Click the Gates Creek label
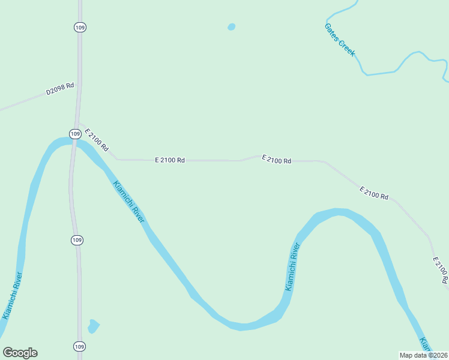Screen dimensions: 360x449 pos(340,40)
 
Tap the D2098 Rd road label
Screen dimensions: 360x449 pos(60,89)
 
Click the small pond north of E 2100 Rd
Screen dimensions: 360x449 pos(231,27)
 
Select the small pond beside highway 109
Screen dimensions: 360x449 pos(92,326)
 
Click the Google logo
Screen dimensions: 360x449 pos(20,353)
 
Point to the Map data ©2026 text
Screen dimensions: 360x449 pos(424,355)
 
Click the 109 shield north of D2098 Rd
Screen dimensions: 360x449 pos(79,27)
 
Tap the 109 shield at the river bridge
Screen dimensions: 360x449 pos(74,134)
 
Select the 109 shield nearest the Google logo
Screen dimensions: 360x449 pos(79,346)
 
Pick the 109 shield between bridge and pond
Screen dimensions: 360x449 pos(77,240)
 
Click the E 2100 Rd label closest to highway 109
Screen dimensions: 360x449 pos(97,139)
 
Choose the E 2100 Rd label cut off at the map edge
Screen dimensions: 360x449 pos(441,271)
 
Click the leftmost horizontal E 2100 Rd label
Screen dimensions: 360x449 pos(170,160)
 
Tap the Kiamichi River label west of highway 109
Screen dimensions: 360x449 pos(13,296)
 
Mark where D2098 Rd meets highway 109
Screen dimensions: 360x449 pos(78,83)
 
